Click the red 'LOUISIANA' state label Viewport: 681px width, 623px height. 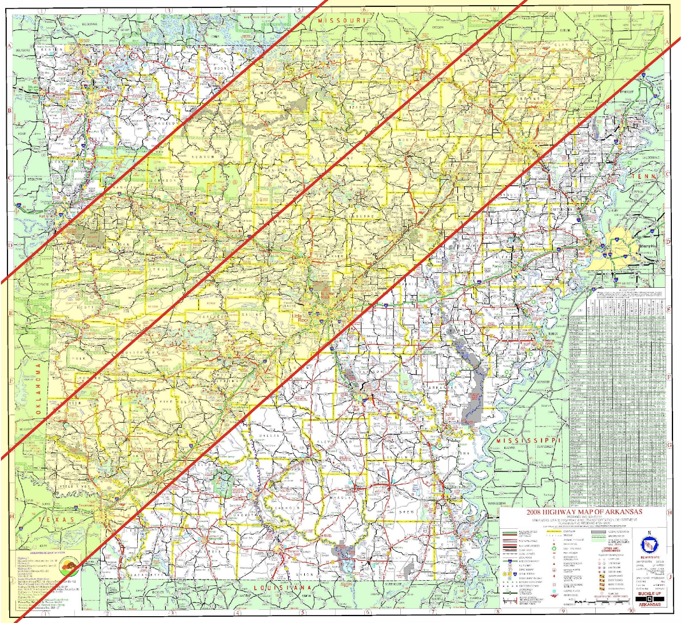(284, 588)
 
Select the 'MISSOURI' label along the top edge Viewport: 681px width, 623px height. (341, 21)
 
